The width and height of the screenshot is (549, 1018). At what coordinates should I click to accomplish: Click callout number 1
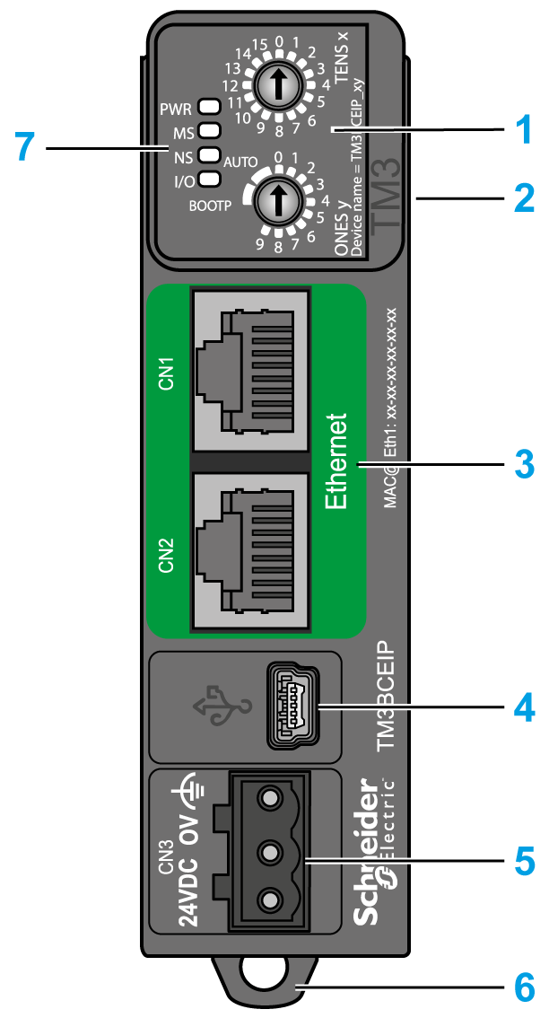[x=521, y=129]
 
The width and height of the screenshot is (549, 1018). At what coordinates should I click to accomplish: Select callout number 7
[x=28, y=146]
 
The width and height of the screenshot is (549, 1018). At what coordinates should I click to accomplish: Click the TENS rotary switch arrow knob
[x=277, y=85]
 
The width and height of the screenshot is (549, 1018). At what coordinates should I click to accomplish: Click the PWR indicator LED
[x=207, y=110]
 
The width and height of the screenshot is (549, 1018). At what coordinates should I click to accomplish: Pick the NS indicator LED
[x=207, y=154]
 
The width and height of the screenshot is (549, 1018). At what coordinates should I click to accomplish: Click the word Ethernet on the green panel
[x=335, y=461]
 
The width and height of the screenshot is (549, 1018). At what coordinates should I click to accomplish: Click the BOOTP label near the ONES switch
[x=210, y=206]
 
